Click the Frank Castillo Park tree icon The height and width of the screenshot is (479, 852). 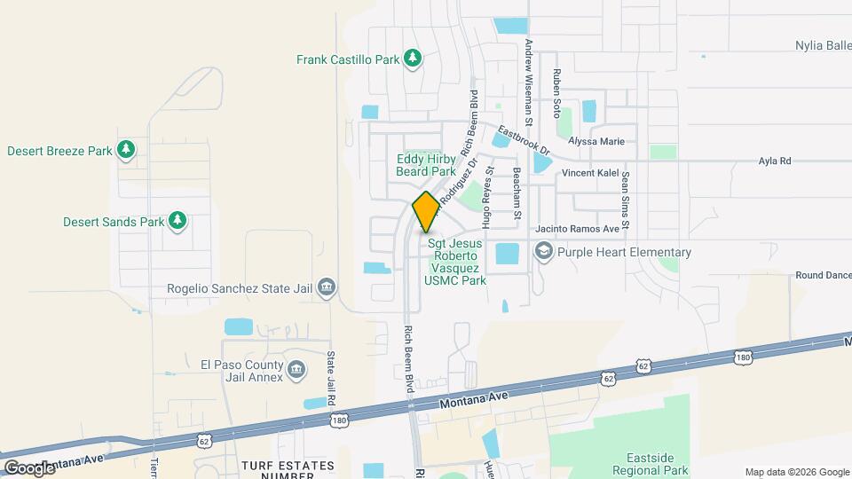click(412, 59)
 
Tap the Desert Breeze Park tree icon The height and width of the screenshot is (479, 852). click(127, 150)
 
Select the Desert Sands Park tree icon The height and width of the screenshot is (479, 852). click(177, 220)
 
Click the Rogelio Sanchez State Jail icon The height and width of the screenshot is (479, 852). click(326, 287)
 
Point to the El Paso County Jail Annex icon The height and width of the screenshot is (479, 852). click(296, 368)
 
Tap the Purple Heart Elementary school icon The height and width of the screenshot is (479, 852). click(542, 252)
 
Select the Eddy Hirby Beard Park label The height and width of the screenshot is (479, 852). click(426, 165)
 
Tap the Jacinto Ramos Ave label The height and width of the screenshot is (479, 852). click(576, 228)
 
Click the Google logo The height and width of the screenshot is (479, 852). click(29, 467)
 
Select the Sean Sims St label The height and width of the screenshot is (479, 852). click(625, 199)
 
